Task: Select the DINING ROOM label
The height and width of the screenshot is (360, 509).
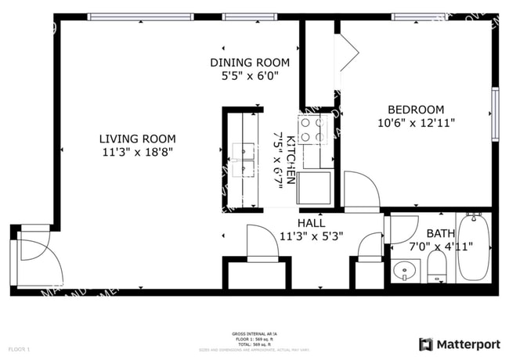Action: pyautogui.click(x=250, y=63)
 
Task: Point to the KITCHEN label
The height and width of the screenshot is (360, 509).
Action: pyautogui.click(x=291, y=160)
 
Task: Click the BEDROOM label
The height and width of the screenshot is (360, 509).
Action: pyautogui.click(x=415, y=110)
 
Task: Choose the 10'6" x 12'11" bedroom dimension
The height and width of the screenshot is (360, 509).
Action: pyautogui.click(x=415, y=123)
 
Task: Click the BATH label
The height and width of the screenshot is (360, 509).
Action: pyautogui.click(x=439, y=233)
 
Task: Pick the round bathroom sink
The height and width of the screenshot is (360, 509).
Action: pyautogui.click(x=405, y=272)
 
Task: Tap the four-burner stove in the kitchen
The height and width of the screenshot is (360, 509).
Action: pyautogui.click(x=313, y=130)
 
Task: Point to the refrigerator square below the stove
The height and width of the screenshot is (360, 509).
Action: pyautogui.click(x=316, y=187)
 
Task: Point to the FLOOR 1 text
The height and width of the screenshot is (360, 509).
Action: pyautogui.click(x=19, y=348)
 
